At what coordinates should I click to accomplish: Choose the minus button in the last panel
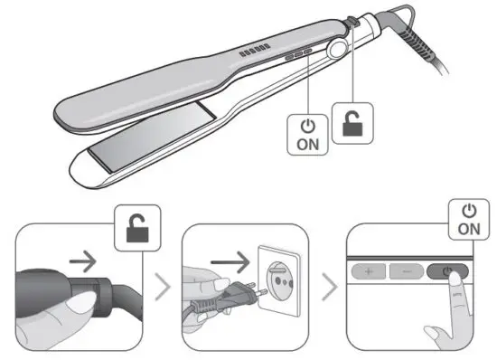pos(408,270)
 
